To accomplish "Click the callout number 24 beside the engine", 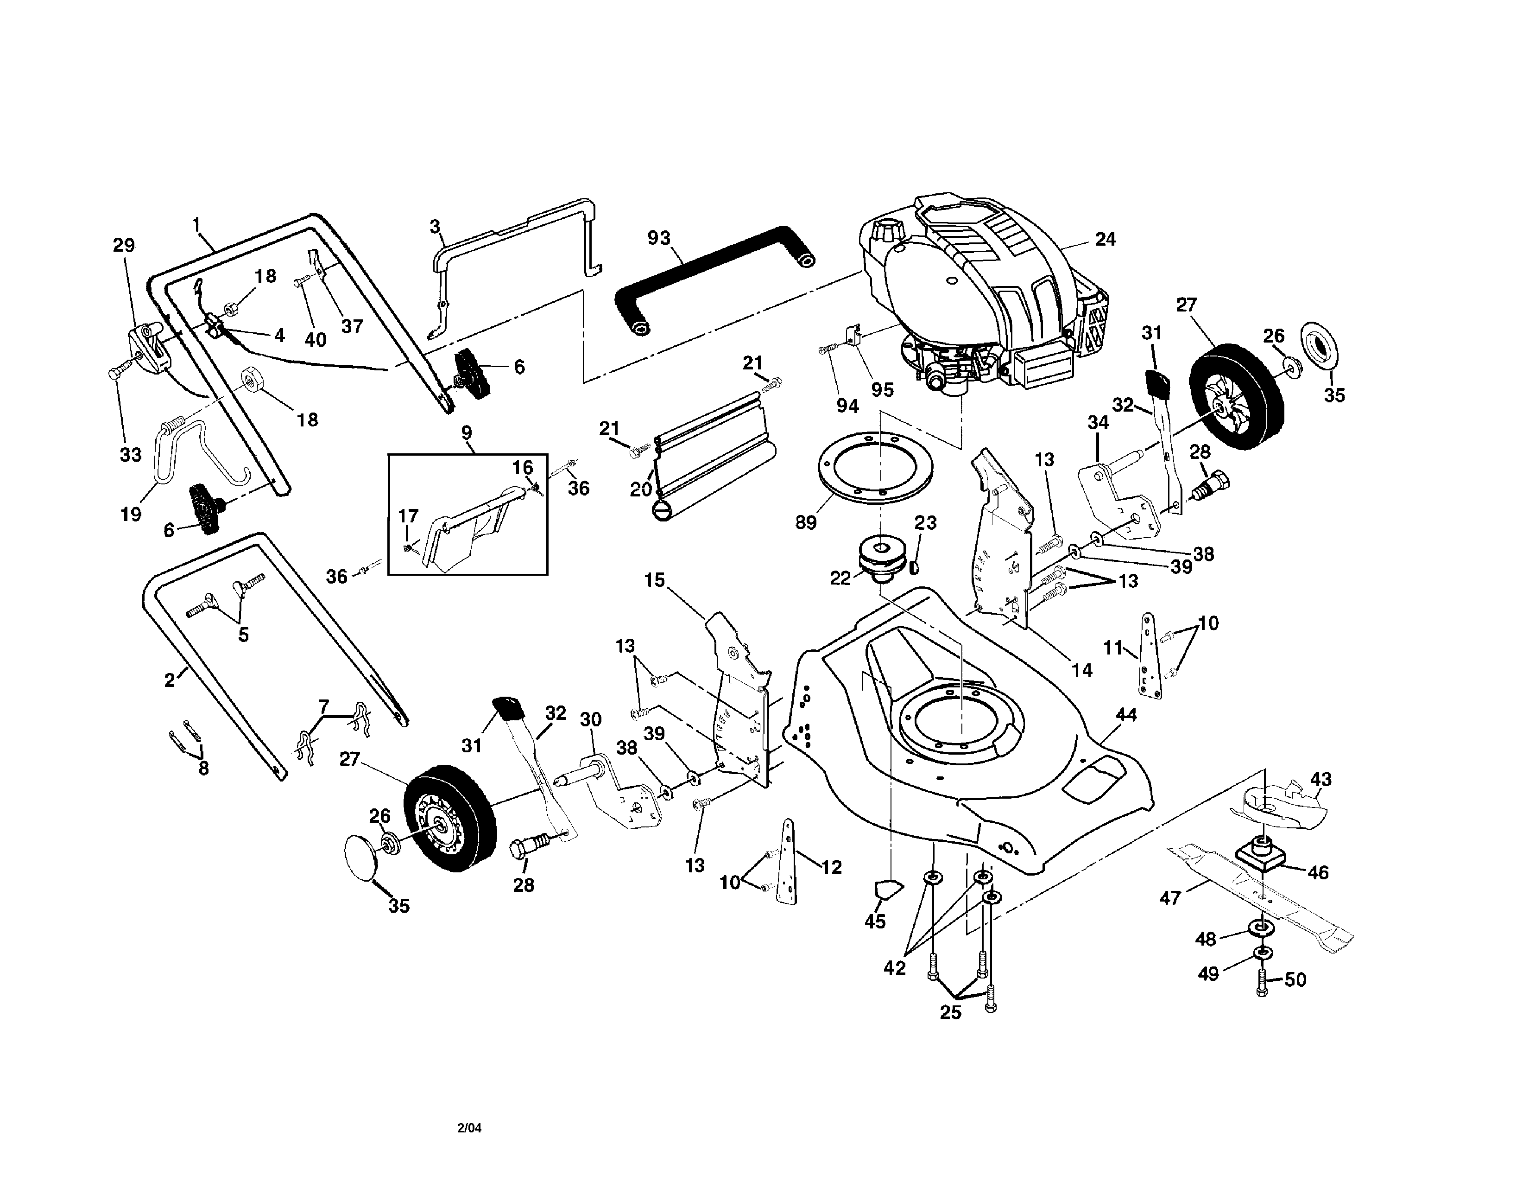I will (x=1105, y=240).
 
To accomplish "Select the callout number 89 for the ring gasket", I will (x=806, y=522).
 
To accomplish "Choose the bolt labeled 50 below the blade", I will (x=1262, y=986).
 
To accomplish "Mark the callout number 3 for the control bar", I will (x=435, y=226).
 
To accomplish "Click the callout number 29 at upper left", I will (x=124, y=245).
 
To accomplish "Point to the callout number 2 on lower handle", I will (x=170, y=680).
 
